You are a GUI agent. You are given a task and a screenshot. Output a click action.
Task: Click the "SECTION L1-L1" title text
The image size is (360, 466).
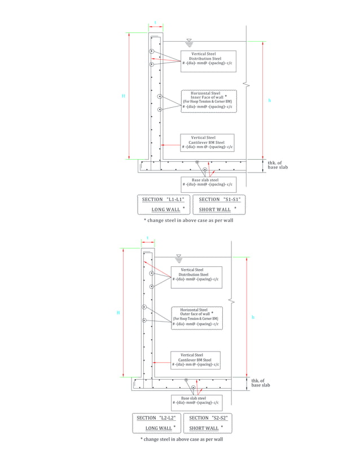click(164, 200)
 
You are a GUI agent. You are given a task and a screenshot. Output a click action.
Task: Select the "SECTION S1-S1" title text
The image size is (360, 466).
click(219, 200)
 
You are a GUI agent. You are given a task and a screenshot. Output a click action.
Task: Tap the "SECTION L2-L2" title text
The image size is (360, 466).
click(156, 418)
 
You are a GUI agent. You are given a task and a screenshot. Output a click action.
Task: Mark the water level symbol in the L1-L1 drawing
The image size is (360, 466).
click(189, 42)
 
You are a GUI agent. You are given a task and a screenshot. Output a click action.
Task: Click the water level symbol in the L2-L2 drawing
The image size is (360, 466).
click(179, 258)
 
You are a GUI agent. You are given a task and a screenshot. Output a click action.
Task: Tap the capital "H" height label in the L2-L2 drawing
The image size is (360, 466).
click(118, 312)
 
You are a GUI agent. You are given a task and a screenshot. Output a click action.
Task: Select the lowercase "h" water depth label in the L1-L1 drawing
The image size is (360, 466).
click(269, 100)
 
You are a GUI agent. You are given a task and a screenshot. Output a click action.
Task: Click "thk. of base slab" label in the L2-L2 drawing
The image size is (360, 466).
click(261, 383)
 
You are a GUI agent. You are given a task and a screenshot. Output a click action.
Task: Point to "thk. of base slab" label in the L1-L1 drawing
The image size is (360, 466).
click(278, 165)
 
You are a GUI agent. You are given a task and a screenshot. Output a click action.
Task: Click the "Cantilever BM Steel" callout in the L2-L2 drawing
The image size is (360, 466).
click(195, 360)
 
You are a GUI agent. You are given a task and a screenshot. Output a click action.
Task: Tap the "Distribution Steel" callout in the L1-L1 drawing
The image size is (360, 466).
click(205, 59)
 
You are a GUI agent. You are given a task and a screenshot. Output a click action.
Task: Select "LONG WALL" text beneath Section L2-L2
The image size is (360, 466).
click(159, 428)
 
